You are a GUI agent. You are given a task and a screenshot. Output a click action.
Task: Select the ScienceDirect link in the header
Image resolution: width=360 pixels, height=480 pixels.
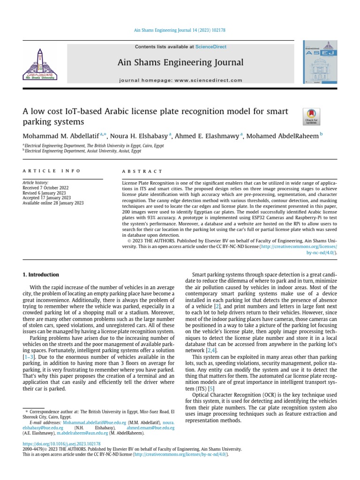pyautogui.click(x=211, y=47)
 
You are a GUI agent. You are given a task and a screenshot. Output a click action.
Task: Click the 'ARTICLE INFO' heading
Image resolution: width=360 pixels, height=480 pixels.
pyautogui.click(x=52, y=171)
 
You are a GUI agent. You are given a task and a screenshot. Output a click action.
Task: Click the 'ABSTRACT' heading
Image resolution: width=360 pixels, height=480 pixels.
pyautogui.click(x=142, y=172)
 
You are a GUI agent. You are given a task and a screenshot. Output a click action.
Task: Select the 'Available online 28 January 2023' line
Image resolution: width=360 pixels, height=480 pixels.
pyautogui.click(x=53, y=202)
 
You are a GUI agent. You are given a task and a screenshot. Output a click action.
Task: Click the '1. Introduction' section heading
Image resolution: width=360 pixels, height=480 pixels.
pyautogui.click(x=41, y=275)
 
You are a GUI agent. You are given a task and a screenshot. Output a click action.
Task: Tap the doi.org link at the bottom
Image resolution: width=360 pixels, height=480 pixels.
pyautogui.click(x=61, y=443)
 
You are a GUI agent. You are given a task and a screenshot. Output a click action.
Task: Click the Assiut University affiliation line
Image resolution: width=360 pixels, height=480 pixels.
pyautogui.click(x=83, y=151)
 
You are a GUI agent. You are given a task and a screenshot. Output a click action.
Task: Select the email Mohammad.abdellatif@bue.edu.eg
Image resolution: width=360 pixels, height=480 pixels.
pyautogui.click(x=93, y=422)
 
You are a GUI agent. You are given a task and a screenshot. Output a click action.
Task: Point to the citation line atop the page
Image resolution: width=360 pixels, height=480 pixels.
pyautogui.click(x=180, y=30)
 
